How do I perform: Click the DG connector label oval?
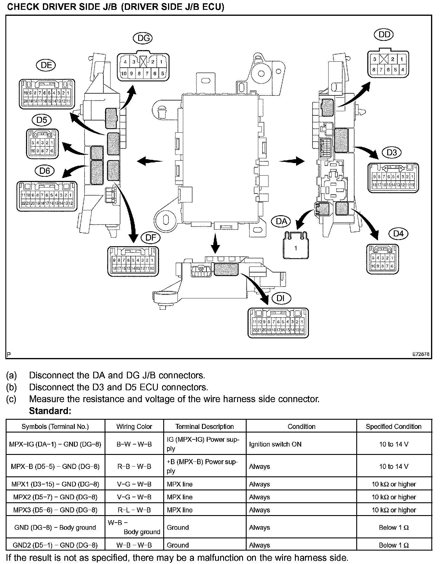coord(143,38)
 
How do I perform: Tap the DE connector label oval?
coord(46,65)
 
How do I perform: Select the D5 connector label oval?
coord(42,120)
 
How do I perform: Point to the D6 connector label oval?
coord(45,171)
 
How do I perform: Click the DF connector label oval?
coord(151,238)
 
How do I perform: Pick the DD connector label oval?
coord(384,35)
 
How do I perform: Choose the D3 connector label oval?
coord(392,153)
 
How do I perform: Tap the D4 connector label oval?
coord(398,234)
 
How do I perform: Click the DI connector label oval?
coord(281,298)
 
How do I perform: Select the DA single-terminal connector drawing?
coord(296,245)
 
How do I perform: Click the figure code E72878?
coord(421,354)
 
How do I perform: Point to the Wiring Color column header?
coord(134,427)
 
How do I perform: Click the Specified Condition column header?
coord(393,427)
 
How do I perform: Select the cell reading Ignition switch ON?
coord(275,444)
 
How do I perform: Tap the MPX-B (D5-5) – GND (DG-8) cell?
coord(55,467)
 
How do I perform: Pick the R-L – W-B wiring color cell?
coord(134,510)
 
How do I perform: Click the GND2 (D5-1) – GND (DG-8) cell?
coord(55,545)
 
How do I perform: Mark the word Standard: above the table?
coord(50,411)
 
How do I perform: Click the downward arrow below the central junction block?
coord(215,244)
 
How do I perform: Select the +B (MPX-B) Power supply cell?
coord(205,467)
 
